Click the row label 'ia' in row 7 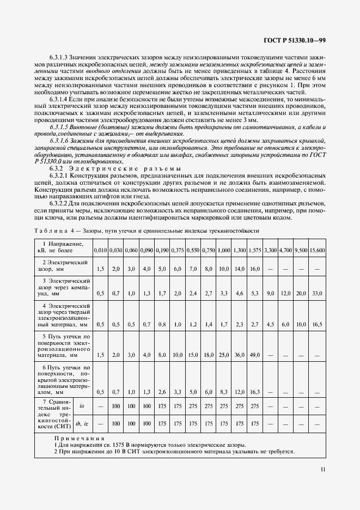click(82, 406)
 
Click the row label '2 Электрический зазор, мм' click(63, 266)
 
